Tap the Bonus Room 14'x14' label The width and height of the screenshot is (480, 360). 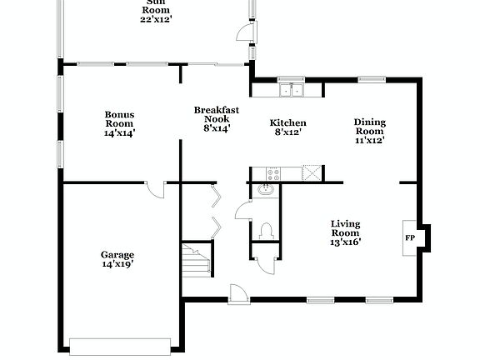(120, 123)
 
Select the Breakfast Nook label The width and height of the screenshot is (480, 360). (217, 118)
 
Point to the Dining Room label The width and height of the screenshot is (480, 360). (370, 131)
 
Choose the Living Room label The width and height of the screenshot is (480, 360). (345, 232)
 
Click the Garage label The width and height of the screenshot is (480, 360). (117, 258)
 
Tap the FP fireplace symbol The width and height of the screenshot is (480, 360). (410, 237)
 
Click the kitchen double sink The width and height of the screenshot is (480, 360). (291, 89)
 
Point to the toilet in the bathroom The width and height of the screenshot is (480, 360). (267, 229)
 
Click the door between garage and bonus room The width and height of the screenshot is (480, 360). (155, 189)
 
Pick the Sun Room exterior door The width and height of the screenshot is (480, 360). (242, 33)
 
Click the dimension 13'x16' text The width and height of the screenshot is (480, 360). (345, 242)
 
